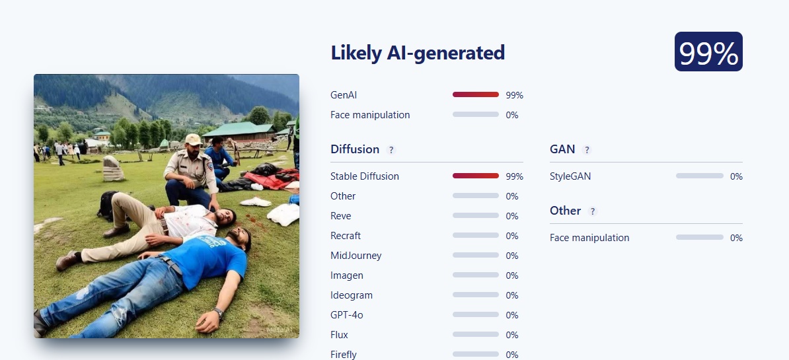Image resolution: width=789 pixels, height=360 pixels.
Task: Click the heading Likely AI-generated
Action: [x=418, y=53]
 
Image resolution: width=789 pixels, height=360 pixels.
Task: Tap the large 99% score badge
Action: [x=708, y=52]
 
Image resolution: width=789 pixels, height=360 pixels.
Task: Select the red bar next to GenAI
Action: [x=476, y=94]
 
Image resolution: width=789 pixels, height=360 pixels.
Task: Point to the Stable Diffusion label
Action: [x=365, y=176]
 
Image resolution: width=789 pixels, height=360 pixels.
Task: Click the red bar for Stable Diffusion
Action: [x=476, y=176]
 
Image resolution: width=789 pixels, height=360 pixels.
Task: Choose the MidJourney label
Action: [x=356, y=256]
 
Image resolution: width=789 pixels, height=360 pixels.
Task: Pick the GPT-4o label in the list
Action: [x=347, y=315]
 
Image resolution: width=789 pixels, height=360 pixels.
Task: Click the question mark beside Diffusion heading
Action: [x=391, y=150]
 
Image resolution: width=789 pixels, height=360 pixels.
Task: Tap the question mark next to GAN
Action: [x=587, y=150]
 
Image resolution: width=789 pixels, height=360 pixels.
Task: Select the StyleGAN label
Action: [x=570, y=176]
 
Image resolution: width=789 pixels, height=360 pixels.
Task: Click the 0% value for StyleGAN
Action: [x=737, y=176]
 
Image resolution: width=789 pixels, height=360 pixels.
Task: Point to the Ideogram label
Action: [x=352, y=296]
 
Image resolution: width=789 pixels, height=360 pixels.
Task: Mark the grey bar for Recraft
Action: [x=476, y=236]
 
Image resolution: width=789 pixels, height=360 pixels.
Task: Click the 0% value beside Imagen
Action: [x=512, y=275]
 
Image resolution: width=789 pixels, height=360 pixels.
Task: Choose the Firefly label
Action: [x=344, y=355]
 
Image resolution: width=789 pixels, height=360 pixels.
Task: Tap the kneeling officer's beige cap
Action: [x=193, y=139]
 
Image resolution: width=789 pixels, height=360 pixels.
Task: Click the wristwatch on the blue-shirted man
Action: [x=218, y=313]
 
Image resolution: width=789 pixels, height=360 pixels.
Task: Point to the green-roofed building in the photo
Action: [x=241, y=131]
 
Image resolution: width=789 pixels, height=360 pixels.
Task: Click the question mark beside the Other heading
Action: [x=593, y=211]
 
